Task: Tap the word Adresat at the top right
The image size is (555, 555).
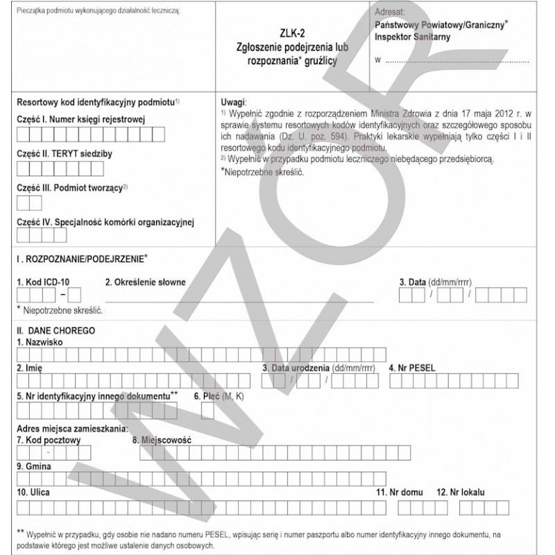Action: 391,12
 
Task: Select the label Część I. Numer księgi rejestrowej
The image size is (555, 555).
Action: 80,119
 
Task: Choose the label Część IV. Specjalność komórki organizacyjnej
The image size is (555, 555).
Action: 104,222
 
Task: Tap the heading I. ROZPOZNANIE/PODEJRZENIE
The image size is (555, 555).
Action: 81,259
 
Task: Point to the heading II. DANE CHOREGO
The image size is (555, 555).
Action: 55,332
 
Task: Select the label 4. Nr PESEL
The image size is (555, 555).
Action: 412,368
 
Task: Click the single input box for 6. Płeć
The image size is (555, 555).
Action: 207,412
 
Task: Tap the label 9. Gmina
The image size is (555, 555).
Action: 33,466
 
